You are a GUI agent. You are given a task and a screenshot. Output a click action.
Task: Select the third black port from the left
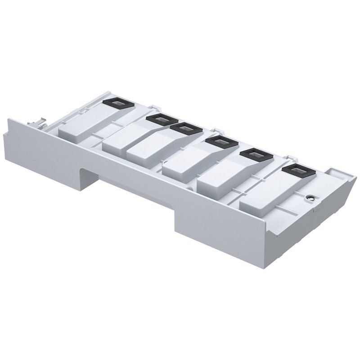tap(185, 128)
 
